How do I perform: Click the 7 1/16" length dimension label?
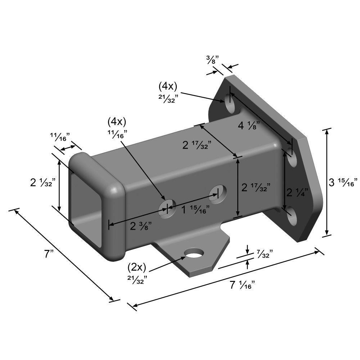(242, 285)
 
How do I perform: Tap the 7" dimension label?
(49, 254)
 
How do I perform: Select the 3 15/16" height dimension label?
(343, 183)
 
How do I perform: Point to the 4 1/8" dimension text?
(249, 126)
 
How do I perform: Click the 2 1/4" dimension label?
(297, 192)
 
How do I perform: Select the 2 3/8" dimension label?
(141, 226)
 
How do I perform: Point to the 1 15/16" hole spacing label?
(195, 210)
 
